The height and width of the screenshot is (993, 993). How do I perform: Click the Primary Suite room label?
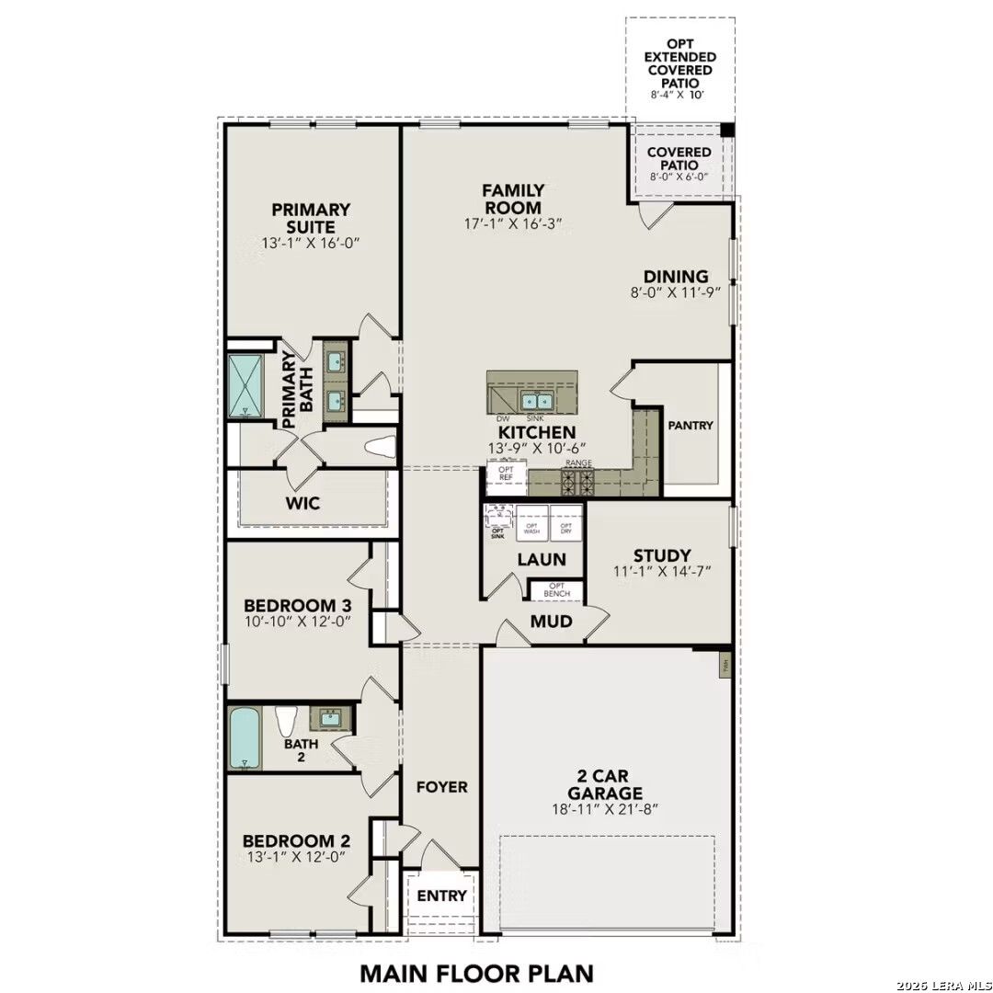pos(311,218)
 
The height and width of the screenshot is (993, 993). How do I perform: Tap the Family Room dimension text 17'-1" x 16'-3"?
pos(513,223)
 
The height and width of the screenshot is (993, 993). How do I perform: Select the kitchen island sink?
pos(535,401)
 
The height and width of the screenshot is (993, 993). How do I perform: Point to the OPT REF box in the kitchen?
pos(506,474)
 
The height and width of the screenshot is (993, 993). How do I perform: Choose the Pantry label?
pos(691,426)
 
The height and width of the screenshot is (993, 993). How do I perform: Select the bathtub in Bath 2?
pos(245,738)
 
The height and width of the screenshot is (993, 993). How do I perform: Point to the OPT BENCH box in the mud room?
pos(557,590)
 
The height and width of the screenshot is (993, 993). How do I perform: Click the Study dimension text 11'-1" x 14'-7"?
pos(662,571)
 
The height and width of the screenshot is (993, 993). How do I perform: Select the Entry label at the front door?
pos(442,896)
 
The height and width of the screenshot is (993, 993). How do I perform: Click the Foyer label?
pos(442,787)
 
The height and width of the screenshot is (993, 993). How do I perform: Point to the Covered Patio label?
pos(679,158)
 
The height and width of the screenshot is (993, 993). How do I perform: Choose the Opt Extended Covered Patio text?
pos(679,64)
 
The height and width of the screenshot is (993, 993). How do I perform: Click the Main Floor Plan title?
pos(476,972)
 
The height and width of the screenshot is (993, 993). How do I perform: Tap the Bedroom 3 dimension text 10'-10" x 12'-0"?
pos(299,621)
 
